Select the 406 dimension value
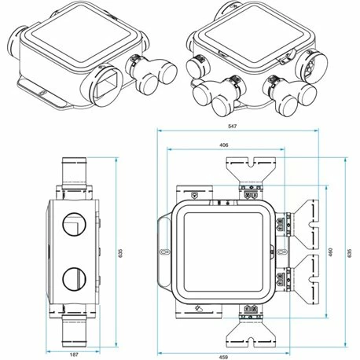click(225, 144)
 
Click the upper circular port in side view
click(72, 227)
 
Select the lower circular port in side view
click(72, 278)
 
